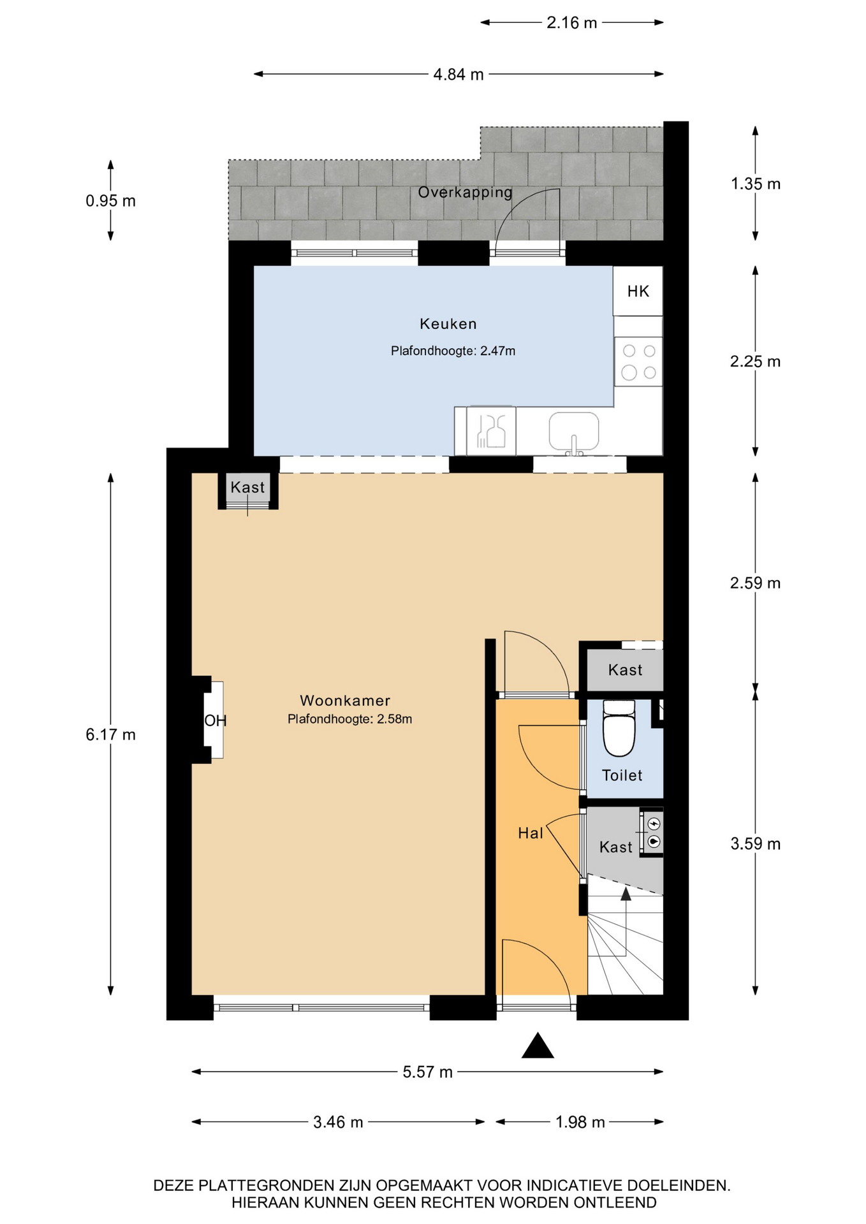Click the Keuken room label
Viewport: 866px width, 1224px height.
pyautogui.click(x=448, y=324)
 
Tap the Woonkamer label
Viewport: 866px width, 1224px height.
pyautogui.click(x=345, y=701)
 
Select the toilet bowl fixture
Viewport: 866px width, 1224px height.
pyautogui.click(x=619, y=728)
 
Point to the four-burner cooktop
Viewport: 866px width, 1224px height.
pyautogui.click(x=638, y=361)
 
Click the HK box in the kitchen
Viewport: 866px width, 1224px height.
pyautogui.click(x=638, y=291)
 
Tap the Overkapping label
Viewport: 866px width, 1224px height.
pyautogui.click(x=465, y=192)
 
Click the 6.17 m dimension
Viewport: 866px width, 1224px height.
pyautogui.click(x=110, y=734)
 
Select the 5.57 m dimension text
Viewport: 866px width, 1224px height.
pyautogui.click(x=427, y=1072)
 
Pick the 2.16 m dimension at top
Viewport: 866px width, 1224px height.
pyautogui.click(x=571, y=23)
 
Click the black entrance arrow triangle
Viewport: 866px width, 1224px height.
pyautogui.click(x=538, y=1045)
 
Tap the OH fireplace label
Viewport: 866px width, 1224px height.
pyautogui.click(x=215, y=720)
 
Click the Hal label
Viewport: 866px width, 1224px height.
pyautogui.click(x=530, y=833)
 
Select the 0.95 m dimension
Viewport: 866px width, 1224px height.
pyautogui.click(x=110, y=201)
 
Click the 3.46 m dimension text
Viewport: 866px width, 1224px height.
pyautogui.click(x=338, y=1122)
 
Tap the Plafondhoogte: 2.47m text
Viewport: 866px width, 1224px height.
pyautogui.click(x=453, y=351)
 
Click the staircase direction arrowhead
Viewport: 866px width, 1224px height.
pyautogui.click(x=626, y=894)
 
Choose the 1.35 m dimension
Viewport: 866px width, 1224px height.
pyautogui.click(x=755, y=184)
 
